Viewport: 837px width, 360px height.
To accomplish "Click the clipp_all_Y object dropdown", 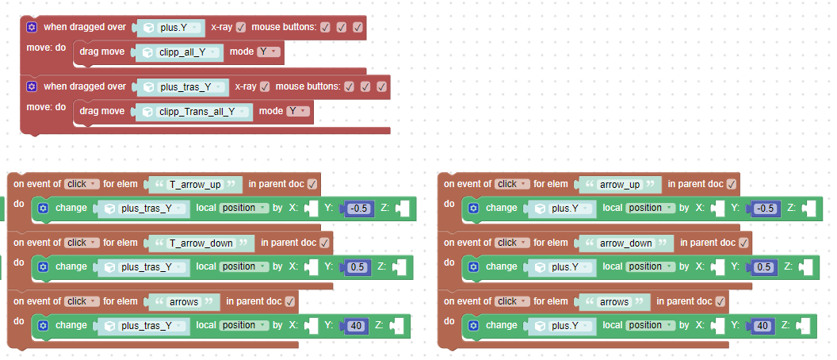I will tap(191, 52).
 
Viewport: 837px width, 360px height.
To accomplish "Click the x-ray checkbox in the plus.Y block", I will tap(241, 27).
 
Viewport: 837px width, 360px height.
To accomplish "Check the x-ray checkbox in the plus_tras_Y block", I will tap(265, 86).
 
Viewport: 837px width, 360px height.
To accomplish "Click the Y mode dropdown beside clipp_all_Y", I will tap(269, 52).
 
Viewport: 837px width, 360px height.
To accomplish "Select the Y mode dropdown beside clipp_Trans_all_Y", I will tap(297, 112).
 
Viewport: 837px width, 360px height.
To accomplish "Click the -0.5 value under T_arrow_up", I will tap(359, 208).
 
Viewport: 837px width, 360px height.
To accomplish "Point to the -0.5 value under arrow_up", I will tap(765, 208).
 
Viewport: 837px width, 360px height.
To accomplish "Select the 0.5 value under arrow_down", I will tap(764, 267).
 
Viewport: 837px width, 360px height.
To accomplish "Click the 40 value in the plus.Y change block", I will tap(763, 325).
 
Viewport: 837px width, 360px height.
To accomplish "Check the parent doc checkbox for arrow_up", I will tap(731, 184).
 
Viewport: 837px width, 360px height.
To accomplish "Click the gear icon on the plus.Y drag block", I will tap(32, 27).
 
